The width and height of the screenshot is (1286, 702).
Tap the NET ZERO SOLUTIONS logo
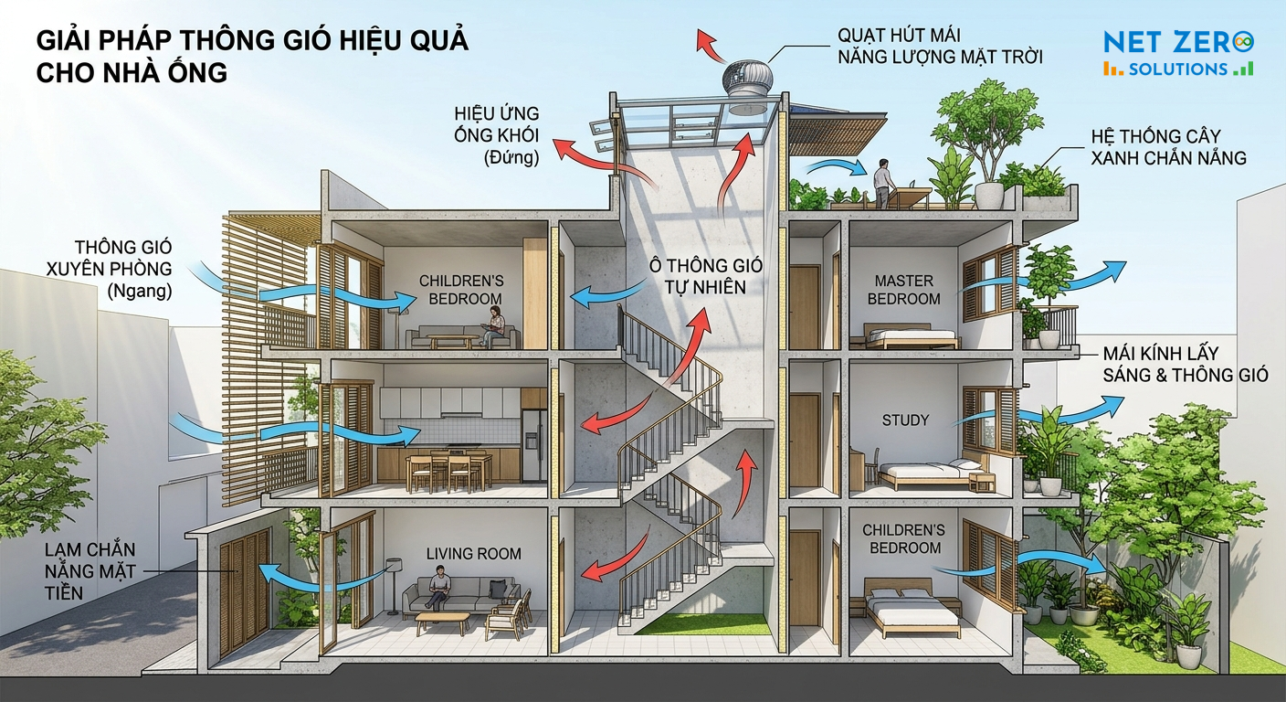pyautogui.click(x=1178, y=53)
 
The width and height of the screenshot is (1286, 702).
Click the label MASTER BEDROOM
pyautogui.click(x=903, y=290)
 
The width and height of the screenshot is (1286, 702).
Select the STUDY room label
pyautogui.click(x=905, y=420)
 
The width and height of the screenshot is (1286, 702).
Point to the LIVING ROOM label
pyautogui.click(x=474, y=554)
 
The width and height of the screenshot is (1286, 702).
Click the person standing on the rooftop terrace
pyautogui.click(x=881, y=183)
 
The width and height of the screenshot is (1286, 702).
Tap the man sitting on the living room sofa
pyautogui.click(x=437, y=587)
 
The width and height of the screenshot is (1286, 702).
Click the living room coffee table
pyautogui.click(x=442, y=624)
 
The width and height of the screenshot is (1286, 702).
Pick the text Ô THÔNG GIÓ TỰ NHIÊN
pyautogui.click(x=706, y=276)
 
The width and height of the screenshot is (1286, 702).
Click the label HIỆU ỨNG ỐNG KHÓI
pyautogui.click(x=497, y=135)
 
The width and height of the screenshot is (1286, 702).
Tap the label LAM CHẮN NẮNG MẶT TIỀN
pyautogui.click(x=90, y=571)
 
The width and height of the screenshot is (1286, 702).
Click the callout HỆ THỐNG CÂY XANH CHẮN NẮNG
pyautogui.click(x=1168, y=147)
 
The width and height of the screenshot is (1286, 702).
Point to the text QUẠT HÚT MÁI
pyautogui.click(x=899, y=35)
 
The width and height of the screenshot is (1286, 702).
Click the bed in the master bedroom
pyautogui.click(x=904, y=336)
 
